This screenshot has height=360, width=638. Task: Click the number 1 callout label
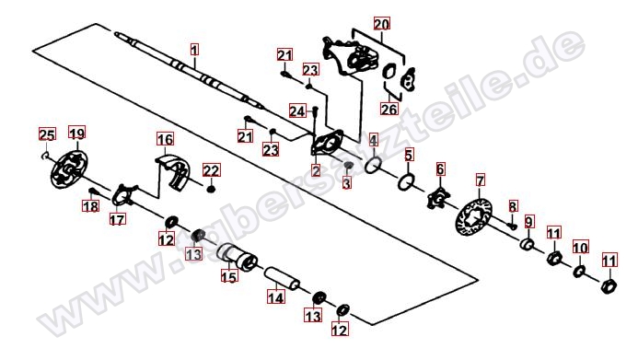pos(195,50)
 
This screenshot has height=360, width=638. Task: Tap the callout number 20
pos(382,24)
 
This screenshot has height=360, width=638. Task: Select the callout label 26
pos(389,109)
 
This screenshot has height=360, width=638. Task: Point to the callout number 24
pos(297,110)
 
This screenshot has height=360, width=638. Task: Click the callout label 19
pos(77,133)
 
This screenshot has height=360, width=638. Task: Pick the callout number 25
pos(47,134)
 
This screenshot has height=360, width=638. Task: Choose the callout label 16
pos(165,139)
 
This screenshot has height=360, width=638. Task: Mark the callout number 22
pos(211,170)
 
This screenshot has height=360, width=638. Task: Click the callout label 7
pos(481,180)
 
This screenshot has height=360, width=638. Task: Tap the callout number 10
pos(581,248)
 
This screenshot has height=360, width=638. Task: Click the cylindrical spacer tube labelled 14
pos(283,278)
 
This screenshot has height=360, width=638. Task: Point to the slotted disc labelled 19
pos(69,169)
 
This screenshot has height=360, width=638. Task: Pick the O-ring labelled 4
pos(373,165)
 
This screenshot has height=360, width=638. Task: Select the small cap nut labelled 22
pos(211,189)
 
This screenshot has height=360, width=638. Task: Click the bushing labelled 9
pos(528,245)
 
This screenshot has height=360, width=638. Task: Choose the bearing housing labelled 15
pos(237,257)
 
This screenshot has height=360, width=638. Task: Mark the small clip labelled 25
pos(46,155)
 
